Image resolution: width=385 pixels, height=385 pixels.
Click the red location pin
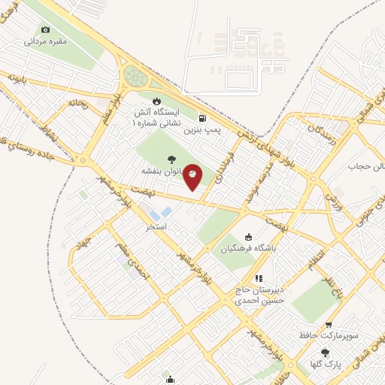tap(193, 176)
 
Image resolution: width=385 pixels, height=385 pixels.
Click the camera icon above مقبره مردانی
tap(46, 29)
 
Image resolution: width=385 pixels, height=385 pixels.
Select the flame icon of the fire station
tap(156, 101)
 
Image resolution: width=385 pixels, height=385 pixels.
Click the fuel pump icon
tap(202, 117)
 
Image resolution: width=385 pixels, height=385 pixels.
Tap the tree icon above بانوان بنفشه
tap(172, 159)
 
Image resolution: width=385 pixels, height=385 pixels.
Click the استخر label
tap(156, 226)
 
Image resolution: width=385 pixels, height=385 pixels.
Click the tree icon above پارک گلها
tap(325, 352)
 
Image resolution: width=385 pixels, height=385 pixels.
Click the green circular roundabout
tap(135, 75)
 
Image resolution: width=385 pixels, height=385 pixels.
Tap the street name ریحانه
tap(77, 103)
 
